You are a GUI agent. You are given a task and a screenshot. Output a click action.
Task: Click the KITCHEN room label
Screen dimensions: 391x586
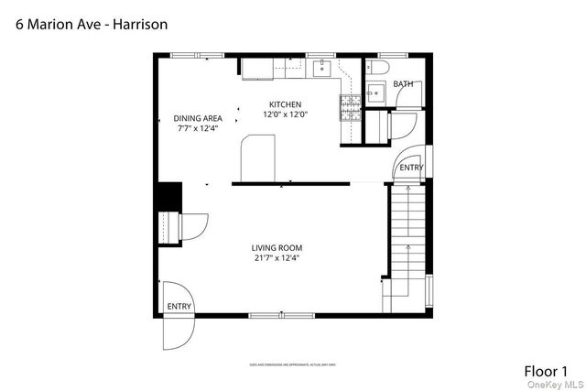284,104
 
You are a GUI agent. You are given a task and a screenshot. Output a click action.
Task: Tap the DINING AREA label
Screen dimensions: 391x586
199,118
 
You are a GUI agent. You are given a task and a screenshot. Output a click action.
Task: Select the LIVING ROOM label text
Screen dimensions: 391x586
277,248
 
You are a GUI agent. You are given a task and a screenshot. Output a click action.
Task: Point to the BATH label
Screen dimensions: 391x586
403,84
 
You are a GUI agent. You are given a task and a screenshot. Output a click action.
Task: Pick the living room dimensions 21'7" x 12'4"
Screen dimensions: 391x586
277,258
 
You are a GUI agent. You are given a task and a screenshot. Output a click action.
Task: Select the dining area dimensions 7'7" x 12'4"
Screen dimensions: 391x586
199,129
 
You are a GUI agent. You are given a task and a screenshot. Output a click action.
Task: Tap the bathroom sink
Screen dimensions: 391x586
374,92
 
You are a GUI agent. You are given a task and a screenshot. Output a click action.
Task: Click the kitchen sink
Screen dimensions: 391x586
323,68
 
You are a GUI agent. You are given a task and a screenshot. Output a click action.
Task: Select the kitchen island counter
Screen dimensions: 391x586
256,158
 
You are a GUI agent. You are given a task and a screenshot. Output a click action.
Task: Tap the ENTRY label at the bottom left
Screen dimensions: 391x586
179,307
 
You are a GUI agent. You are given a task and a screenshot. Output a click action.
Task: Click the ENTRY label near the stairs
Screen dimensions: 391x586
411,168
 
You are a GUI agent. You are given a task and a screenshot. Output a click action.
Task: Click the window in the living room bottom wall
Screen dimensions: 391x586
277,316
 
